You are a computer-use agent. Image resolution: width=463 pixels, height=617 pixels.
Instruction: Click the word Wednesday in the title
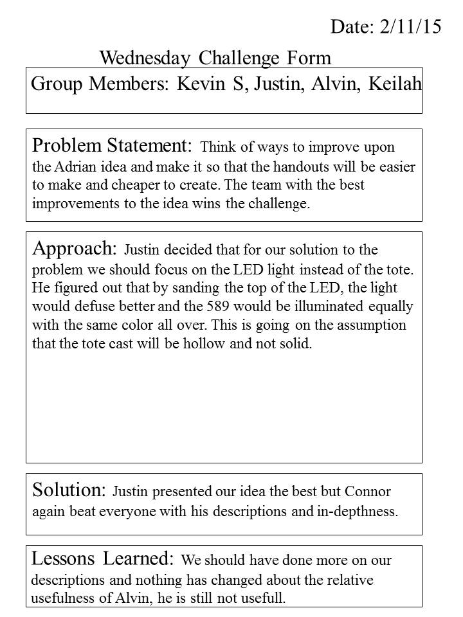click(x=145, y=58)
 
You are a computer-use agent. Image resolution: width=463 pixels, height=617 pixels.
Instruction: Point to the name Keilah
click(x=395, y=84)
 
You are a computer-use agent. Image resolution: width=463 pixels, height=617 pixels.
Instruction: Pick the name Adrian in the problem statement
click(x=76, y=167)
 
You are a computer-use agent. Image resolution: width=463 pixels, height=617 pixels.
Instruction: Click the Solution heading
click(x=69, y=490)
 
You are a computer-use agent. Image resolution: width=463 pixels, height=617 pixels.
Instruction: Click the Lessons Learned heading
click(x=102, y=559)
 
